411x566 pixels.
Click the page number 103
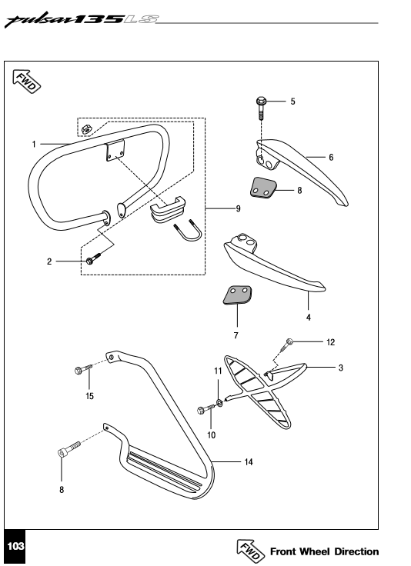(15, 546)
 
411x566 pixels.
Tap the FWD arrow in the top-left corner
(26, 81)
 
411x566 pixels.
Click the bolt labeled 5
(261, 108)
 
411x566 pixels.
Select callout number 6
(331, 158)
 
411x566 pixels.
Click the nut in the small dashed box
(86, 128)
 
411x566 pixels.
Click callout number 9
(238, 208)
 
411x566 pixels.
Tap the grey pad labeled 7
(237, 295)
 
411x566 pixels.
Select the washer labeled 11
(219, 401)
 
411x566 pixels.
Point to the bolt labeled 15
(83, 369)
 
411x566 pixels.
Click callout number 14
(249, 461)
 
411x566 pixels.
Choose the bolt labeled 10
(205, 409)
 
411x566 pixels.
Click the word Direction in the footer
(356, 551)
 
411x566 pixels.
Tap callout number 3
(340, 368)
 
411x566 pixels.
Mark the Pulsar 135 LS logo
(82, 21)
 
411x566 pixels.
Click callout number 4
(308, 318)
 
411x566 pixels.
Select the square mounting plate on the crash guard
(115, 151)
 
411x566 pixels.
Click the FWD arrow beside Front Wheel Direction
(252, 551)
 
